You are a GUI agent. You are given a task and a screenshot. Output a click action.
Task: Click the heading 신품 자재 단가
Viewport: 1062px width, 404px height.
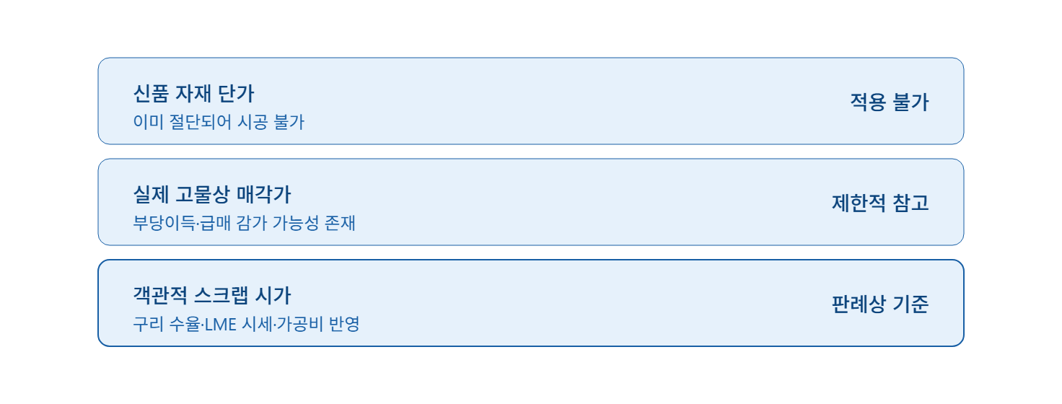coord(193,93)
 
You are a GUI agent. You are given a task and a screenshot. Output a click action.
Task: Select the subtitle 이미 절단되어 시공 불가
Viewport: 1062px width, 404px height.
coord(219,122)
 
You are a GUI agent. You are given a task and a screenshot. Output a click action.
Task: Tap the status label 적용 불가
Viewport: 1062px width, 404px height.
coord(889,102)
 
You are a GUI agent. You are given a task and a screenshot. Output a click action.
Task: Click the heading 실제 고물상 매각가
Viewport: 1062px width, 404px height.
coord(212,194)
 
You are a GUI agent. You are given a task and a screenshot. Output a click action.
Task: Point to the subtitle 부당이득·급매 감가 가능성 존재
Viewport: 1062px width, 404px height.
coord(244,223)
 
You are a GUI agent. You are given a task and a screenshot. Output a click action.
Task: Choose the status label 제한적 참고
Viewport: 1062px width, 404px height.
coord(880,203)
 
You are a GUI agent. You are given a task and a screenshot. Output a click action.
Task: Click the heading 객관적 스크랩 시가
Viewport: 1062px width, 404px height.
coord(212,295)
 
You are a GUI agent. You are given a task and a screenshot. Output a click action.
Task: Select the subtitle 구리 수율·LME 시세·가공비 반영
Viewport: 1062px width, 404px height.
coord(247,324)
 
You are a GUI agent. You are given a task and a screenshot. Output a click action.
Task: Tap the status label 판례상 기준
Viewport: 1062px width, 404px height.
coord(880,304)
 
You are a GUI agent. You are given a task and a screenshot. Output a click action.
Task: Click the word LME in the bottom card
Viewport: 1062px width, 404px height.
coord(221,325)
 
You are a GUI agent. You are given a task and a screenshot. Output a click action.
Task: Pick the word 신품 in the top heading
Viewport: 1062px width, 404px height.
coord(151,93)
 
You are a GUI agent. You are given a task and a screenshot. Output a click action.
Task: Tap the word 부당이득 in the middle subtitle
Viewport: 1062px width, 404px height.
coord(164,223)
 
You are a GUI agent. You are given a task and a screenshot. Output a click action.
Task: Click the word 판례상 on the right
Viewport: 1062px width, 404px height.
coord(859,304)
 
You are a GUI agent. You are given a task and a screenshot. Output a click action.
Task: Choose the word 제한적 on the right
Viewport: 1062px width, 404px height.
coord(859,203)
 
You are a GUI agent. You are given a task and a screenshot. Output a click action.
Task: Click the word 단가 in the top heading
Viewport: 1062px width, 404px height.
coord(236,93)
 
